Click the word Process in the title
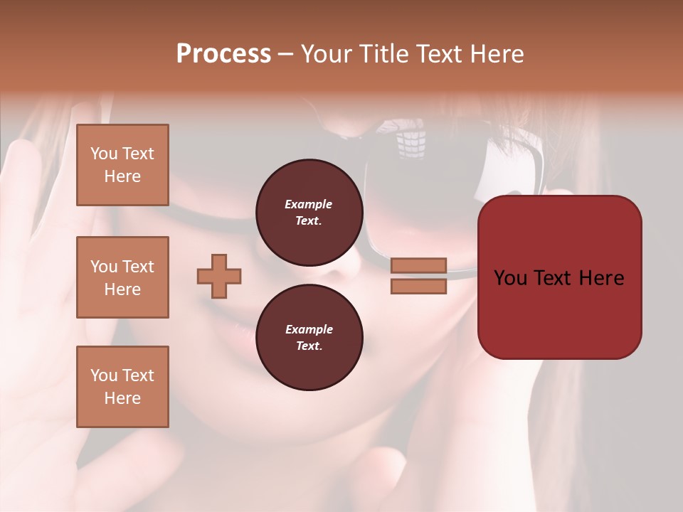coord(223,54)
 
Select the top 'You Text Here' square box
coord(122,165)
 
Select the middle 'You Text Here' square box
coord(122,277)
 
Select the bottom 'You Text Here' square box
coord(122,387)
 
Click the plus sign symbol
coord(219,276)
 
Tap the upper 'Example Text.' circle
coord(309,212)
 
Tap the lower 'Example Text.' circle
coord(309,338)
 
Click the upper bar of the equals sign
coord(418,265)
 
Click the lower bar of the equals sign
coord(418,287)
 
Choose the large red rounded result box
coord(559,277)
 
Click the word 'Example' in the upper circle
coord(309,204)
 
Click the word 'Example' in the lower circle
coord(309,329)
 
